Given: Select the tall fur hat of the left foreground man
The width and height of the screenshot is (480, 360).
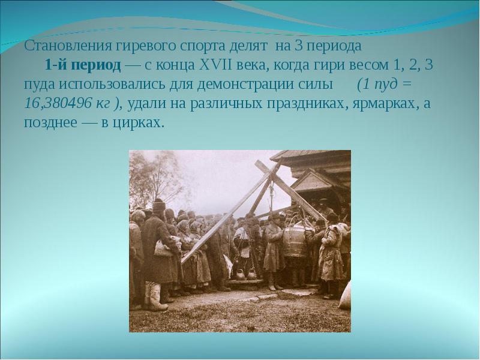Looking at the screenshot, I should [x=158, y=207].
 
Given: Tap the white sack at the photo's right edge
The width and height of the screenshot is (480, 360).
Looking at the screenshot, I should [x=344, y=297].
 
